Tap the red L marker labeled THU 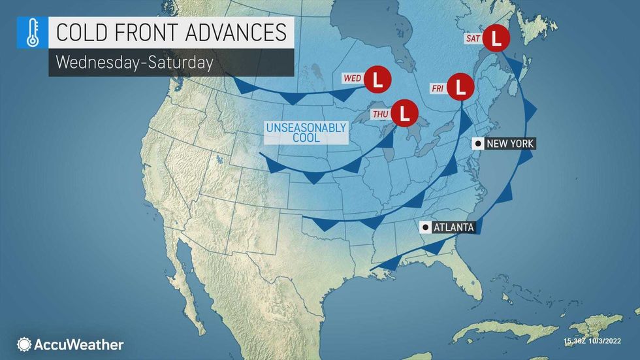tap(406, 113)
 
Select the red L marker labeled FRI tap(462, 86)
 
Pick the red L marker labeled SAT tap(498, 38)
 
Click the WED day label tap(353, 79)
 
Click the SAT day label tap(473, 39)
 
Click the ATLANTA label tap(455, 227)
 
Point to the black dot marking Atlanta tap(426, 227)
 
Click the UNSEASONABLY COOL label tap(306, 133)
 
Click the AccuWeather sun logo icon tap(25, 344)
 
